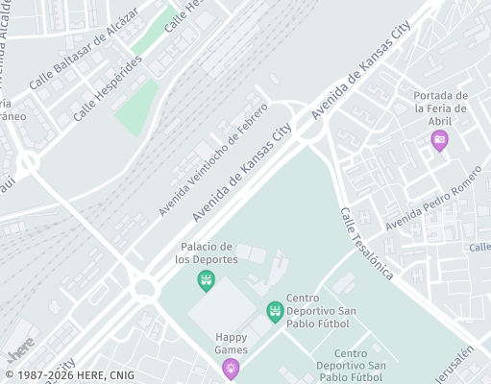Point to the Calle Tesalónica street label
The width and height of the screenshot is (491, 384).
[x=366, y=242]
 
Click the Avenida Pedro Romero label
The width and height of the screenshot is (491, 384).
[x=431, y=202]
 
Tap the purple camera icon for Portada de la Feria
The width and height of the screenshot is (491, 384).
[x=439, y=140]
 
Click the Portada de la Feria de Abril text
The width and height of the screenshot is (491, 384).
[x=439, y=108]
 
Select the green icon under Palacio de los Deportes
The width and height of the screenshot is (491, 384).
[x=205, y=280]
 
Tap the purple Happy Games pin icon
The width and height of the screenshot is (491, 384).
[x=231, y=368]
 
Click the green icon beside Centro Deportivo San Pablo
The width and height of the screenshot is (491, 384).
[x=275, y=310]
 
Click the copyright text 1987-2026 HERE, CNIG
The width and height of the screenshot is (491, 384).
[x=70, y=375]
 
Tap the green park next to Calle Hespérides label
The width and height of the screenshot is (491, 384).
[x=137, y=108]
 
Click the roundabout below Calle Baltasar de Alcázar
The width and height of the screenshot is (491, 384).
[x=28, y=162]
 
